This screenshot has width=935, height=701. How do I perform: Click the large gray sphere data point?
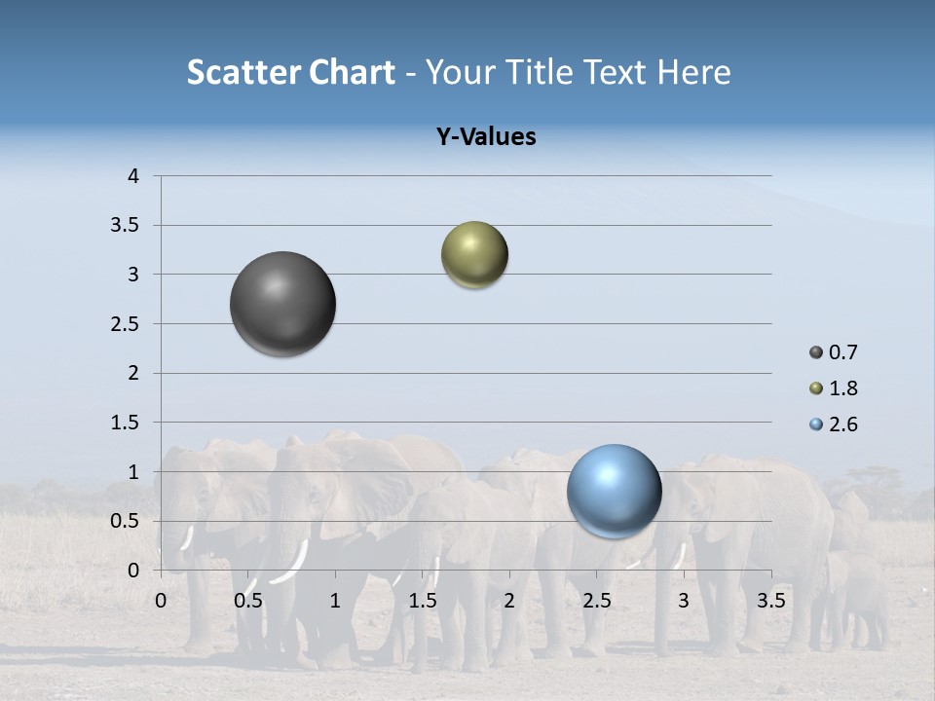(x=282, y=304)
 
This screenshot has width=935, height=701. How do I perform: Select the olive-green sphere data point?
(x=474, y=255)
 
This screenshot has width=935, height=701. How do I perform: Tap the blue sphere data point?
(x=614, y=491)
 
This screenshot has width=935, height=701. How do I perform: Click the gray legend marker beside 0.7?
(x=816, y=352)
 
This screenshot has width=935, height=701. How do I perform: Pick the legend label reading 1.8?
(x=842, y=388)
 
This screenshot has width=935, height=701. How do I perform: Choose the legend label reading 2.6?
(x=842, y=424)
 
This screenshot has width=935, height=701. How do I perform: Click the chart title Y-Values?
(x=486, y=137)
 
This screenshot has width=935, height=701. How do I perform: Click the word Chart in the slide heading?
(x=353, y=72)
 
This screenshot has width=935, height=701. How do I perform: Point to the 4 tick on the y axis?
(x=133, y=176)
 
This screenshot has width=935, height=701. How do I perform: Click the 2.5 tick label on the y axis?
(x=125, y=324)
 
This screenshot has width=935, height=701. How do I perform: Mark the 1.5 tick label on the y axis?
(x=125, y=423)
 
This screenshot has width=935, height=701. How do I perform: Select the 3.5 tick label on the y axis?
(x=125, y=225)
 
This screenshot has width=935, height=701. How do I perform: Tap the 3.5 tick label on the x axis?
(x=771, y=601)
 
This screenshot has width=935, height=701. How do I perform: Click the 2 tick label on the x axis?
(x=509, y=601)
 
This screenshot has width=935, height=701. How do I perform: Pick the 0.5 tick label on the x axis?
(x=248, y=601)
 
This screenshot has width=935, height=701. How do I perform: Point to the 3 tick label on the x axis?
(x=684, y=601)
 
